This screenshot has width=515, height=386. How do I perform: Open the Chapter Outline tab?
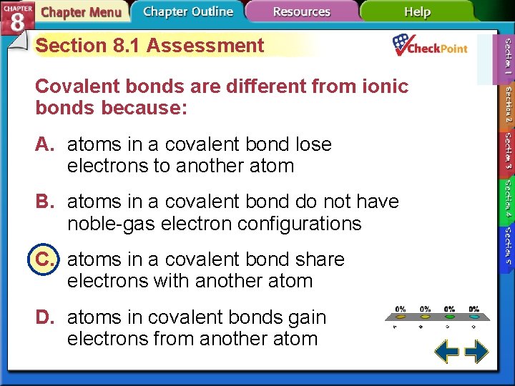(x=187, y=11)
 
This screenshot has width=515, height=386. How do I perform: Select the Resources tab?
(x=302, y=12)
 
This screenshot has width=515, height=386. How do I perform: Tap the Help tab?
(x=417, y=12)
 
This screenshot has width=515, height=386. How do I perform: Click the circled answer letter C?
(x=46, y=259)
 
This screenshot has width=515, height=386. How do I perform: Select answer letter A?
(x=46, y=144)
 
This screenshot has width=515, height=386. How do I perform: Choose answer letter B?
(x=46, y=202)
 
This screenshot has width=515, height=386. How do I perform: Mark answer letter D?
(x=46, y=317)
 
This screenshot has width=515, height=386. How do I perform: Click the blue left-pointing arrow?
(x=446, y=351)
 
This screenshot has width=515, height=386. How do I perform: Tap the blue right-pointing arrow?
(x=476, y=351)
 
